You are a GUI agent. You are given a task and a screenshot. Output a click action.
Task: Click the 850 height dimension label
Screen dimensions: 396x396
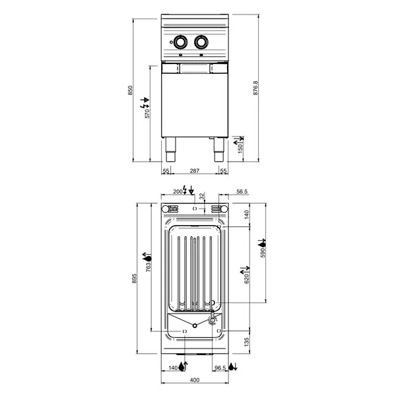pos(131,89)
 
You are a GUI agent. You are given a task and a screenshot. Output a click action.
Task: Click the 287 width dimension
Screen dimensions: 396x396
pos(195,171)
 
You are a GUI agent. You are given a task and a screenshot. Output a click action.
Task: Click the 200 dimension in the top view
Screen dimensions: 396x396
pos(177,191)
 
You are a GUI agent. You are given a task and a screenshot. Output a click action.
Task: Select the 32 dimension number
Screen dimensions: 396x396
pos(203,195)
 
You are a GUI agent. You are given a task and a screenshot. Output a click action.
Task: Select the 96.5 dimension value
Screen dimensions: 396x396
pos(221,367)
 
